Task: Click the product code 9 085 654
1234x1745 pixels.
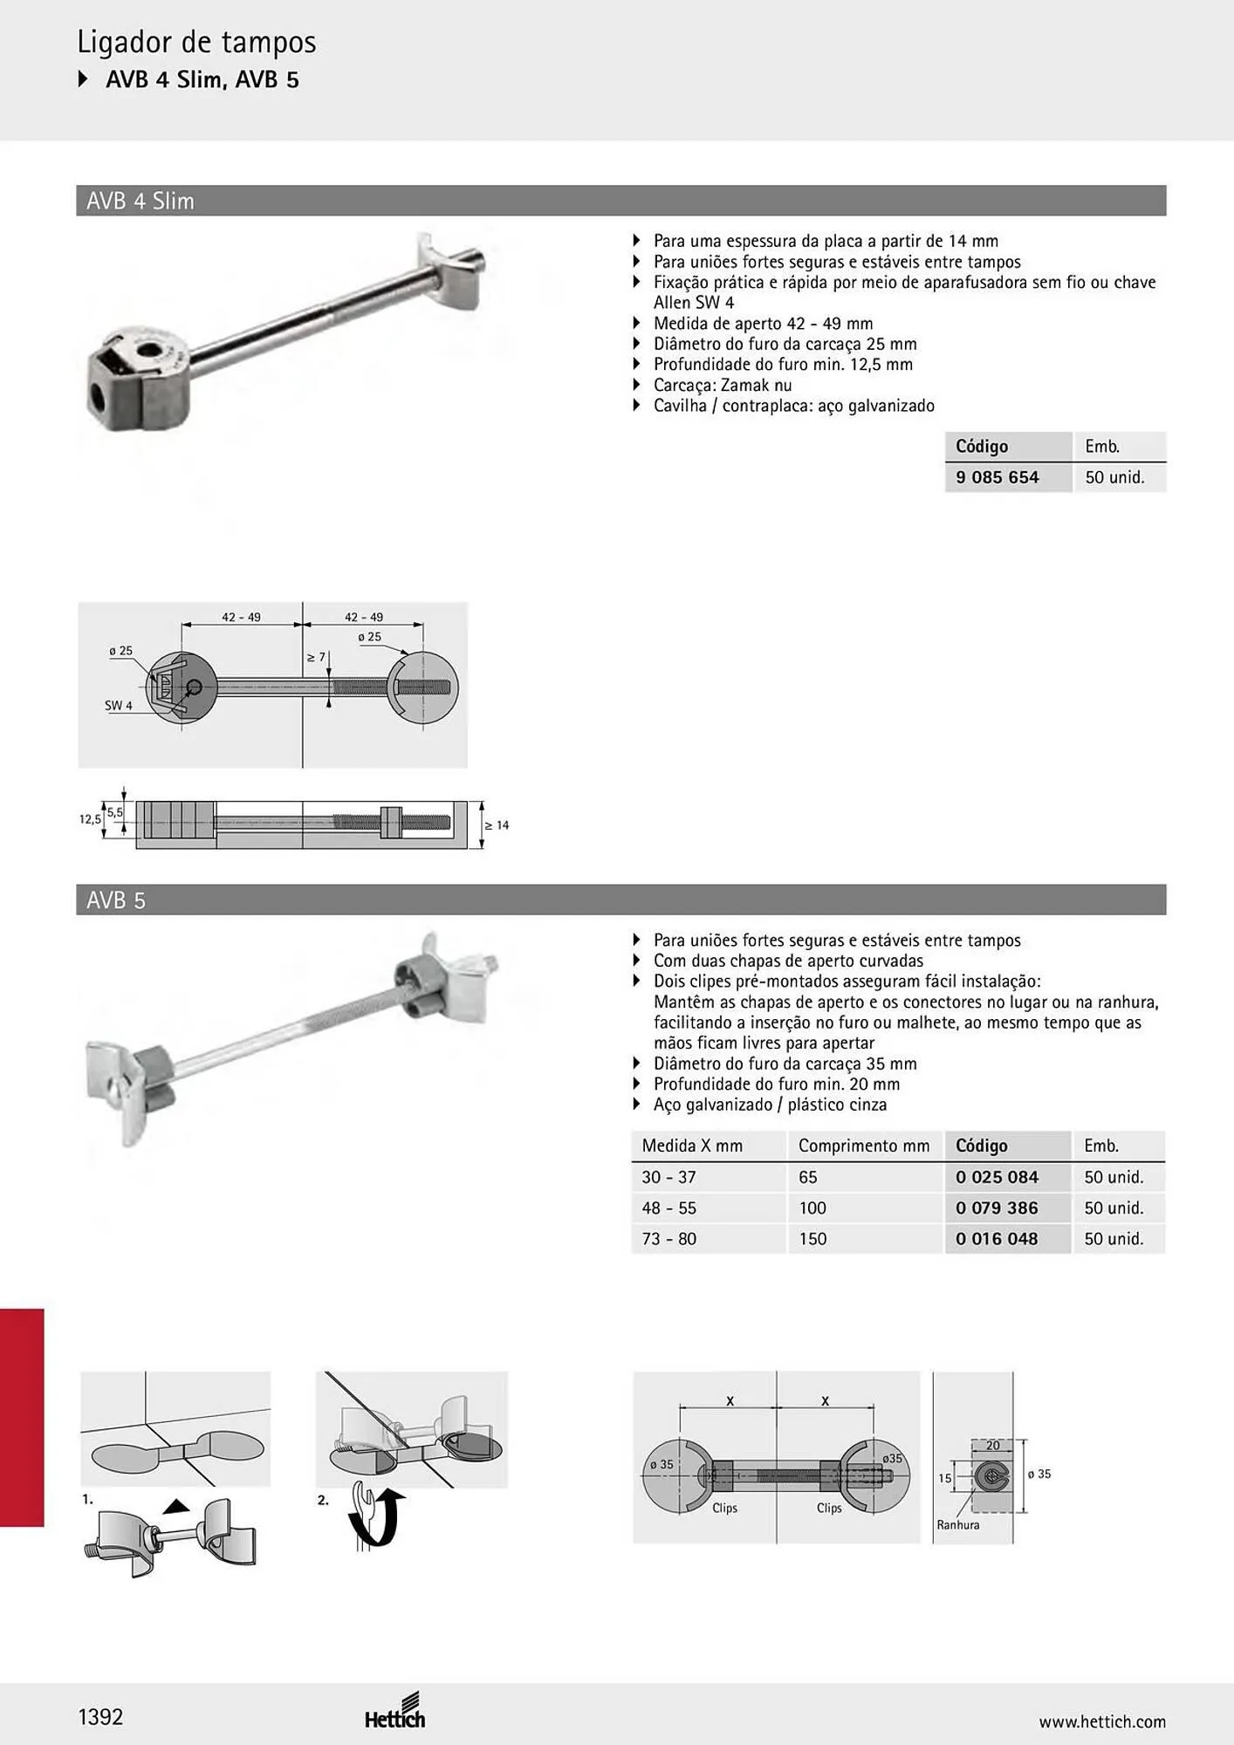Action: pyautogui.click(x=997, y=477)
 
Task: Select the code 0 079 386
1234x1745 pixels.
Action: pyautogui.click(x=997, y=1208)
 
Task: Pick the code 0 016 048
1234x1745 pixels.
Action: pyautogui.click(x=997, y=1238)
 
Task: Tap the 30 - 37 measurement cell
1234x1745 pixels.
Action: pyautogui.click(x=668, y=1177)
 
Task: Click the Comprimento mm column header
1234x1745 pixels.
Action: pyautogui.click(x=864, y=1146)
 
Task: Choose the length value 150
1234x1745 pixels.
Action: pyautogui.click(x=812, y=1238)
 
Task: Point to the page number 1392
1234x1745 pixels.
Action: pyautogui.click(x=100, y=1717)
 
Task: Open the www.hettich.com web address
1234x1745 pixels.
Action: pyautogui.click(x=1102, y=1721)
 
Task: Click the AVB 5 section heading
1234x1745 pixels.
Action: pyautogui.click(x=116, y=900)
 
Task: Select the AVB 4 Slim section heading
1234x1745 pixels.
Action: pyautogui.click(x=141, y=201)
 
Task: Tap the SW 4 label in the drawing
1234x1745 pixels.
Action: pyautogui.click(x=119, y=705)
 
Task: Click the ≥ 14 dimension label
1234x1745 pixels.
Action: pyautogui.click(x=497, y=825)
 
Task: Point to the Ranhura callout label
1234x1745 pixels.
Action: pyautogui.click(x=958, y=1524)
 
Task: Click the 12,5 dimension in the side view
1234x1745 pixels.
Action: pyautogui.click(x=90, y=819)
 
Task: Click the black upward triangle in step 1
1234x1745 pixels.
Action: pyautogui.click(x=176, y=1505)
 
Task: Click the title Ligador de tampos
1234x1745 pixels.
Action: pyautogui.click(x=196, y=42)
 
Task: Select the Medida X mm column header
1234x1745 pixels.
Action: pyautogui.click(x=692, y=1146)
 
